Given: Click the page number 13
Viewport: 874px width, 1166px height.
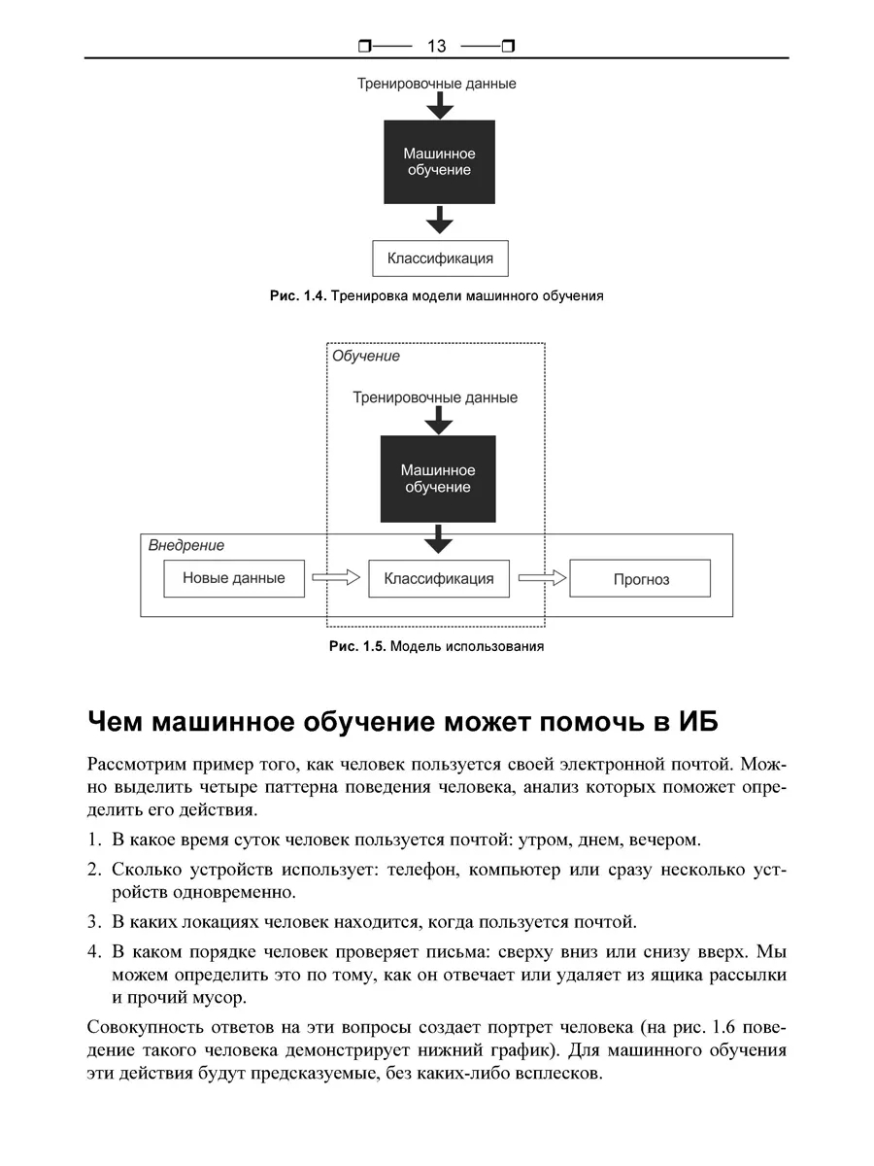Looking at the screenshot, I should pyautogui.click(x=435, y=46).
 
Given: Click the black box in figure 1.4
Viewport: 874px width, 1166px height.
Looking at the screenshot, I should pyautogui.click(x=439, y=162).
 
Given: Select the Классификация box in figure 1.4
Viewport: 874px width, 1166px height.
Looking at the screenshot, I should pyautogui.click(x=440, y=258).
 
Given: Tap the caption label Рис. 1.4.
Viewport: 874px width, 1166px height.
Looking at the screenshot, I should pyautogui.click(x=298, y=296).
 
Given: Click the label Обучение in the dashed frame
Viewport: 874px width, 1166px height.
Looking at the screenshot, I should pyautogui.click(x=366, y=357).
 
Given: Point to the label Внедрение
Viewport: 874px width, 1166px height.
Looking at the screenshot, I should pyautogui.click(x=186, y=545).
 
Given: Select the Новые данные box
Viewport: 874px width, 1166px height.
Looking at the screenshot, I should pyautogui.click(x=234, y=578).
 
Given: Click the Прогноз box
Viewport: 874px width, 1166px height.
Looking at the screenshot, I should pyautogui.click(x=640, y=579).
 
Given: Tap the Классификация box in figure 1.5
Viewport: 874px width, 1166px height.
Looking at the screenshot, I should pyautogui.click(x=439, y=578).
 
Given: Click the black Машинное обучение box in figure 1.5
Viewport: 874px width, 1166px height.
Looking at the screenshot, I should pyautogui.click(x=437, y=479).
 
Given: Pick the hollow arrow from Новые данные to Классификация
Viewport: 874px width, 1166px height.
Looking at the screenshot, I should pyautogui.click(x=335, y=578).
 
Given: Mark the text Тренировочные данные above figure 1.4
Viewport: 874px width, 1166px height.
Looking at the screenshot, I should pyautogui.click(x=436, y=84).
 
